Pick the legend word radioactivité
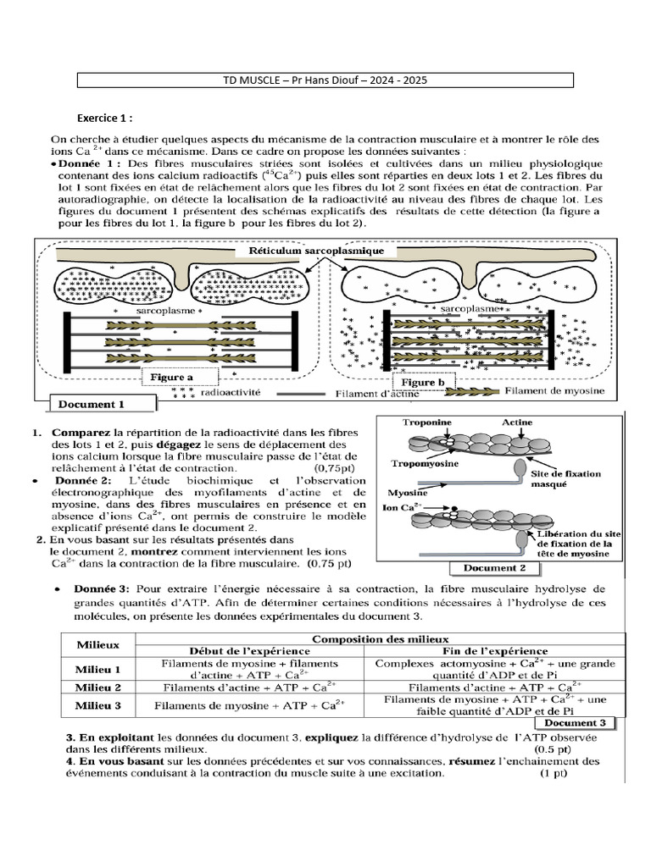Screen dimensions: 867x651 pos(227,393)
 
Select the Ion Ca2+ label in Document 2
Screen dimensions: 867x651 pos(395,507)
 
